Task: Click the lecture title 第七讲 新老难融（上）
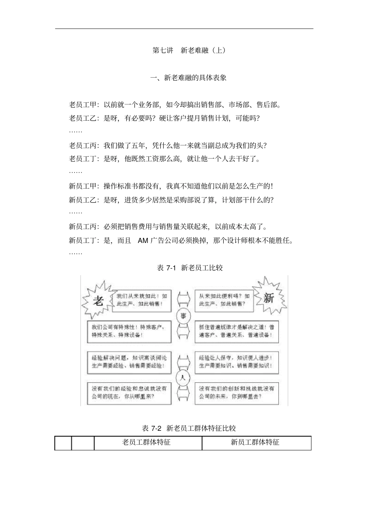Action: [x=189, y=50]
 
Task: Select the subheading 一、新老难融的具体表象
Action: [x=188, y=78]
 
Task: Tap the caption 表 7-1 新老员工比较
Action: [x=190, y=268]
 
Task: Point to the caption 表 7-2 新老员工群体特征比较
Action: [x=189, y=428]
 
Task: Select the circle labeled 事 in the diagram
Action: [x=183, y=316]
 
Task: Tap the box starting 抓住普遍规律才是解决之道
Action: [x=237, y=331]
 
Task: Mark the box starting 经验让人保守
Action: [x=237, y=362]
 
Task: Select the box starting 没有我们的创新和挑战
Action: [x=237, y=393]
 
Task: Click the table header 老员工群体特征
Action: [x=146, y=442]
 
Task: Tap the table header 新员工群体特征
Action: [x=255, y=442]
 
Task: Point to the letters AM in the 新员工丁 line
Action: [x=143, y=241]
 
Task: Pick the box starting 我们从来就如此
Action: [x=141, y=300]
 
